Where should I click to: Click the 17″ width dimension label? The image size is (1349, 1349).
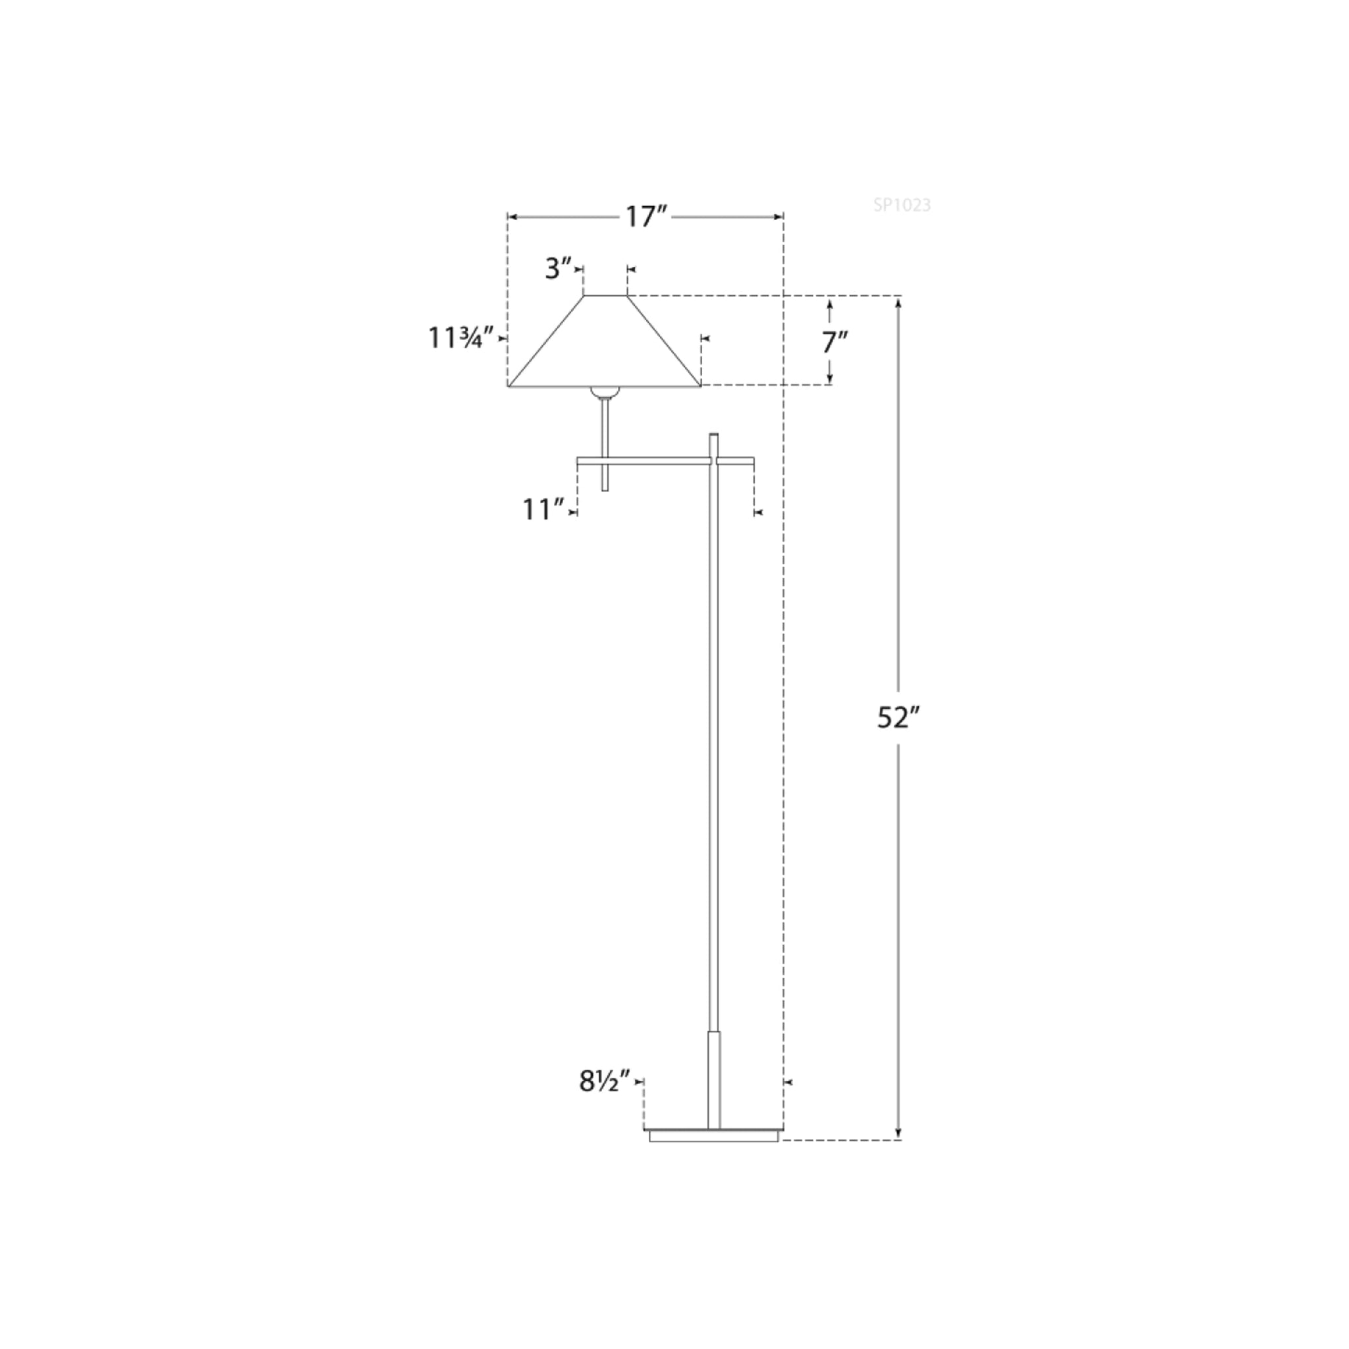tap(647, 217)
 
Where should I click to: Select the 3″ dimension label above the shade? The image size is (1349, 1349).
tap(559, 268)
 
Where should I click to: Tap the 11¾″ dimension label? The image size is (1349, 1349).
tap(462, 338)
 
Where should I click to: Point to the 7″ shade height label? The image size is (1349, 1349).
tap(835, 343)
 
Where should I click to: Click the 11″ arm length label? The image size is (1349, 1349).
tap(543, 510)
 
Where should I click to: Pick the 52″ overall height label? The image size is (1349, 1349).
tap(900, 718)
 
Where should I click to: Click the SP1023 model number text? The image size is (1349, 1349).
tap(902, 206)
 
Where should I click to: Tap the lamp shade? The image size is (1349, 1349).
tap(605, 341)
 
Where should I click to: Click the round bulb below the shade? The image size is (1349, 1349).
tap(605, 393)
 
